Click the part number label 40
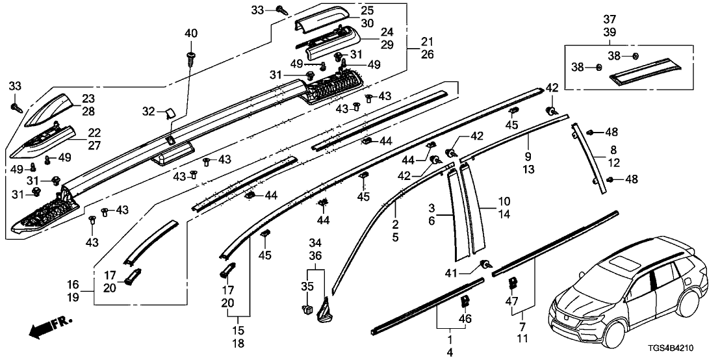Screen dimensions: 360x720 pyautogui.click(x=191, y=33)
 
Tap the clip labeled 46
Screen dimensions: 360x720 pyautogui.click(x=465, y=301)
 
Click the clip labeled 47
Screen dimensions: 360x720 pyautogui.click(x=513, y=283)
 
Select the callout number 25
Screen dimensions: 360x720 pyautogui.click(x=368, y=11)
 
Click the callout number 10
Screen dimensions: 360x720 pyautogui.click(x=504, y=201)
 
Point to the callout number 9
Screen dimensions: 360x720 pyautogui.click(x=528, y=156)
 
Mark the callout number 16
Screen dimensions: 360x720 pyautogui.click(x=73, y=284)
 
